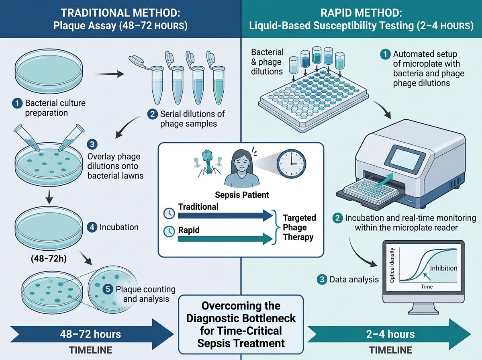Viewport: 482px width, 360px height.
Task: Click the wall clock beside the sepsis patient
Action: tap(291, 164)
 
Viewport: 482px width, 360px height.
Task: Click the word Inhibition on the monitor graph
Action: tap(443, 268)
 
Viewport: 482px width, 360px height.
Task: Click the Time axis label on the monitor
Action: tap(427, 286)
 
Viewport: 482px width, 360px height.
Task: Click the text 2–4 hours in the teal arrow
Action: tap(390, 334)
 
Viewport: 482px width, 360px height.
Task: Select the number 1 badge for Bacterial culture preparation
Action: tap(17, 103)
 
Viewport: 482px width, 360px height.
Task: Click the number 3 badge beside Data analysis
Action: tap(322, 279)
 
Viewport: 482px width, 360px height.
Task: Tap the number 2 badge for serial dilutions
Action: tap(152, 114)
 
